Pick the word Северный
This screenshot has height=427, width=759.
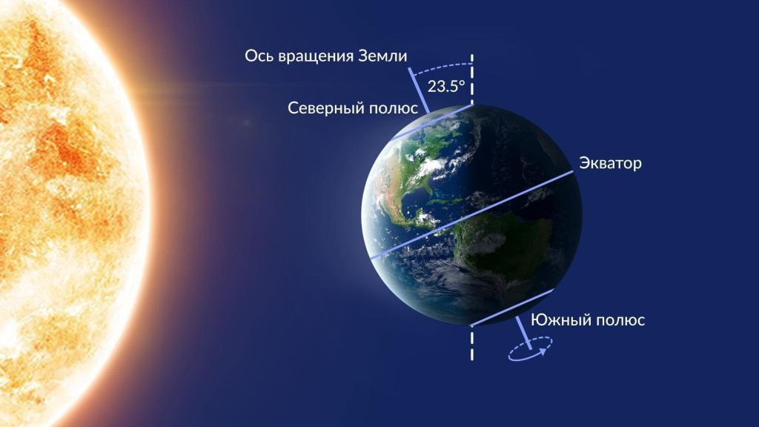(325, 108)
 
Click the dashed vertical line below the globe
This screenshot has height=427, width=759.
(471, 345)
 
